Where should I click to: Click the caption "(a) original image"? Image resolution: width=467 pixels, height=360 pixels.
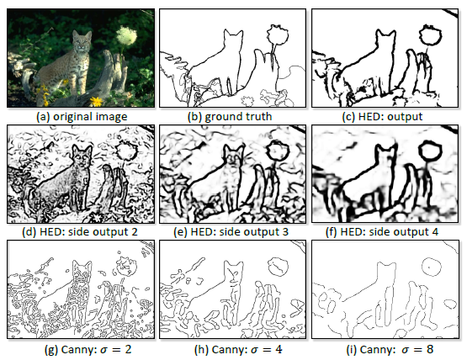click(82, 116)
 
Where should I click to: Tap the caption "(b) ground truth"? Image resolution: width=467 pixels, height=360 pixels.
click(230, 116)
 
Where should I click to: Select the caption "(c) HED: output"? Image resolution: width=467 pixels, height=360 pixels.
click(382, 116)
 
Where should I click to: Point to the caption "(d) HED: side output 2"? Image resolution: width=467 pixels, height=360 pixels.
click(80, 231)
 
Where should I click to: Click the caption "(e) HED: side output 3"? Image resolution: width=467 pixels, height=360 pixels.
click(231, 231)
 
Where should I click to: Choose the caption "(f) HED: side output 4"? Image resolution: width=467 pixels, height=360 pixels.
click(382, 231)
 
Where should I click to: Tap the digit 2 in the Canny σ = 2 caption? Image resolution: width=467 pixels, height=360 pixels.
click(127, 349)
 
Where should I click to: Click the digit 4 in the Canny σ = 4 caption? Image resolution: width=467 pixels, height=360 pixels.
click(279, 349)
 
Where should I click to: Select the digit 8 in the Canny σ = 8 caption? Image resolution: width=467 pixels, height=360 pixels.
click(429, 349)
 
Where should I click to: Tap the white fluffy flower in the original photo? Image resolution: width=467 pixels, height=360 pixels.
click(126, 36)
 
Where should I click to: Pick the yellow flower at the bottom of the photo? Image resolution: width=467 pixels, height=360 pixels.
click(96, 101)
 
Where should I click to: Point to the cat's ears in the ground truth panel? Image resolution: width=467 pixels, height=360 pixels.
click(233, 32)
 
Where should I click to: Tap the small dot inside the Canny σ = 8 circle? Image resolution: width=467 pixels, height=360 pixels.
click(428, 267)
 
